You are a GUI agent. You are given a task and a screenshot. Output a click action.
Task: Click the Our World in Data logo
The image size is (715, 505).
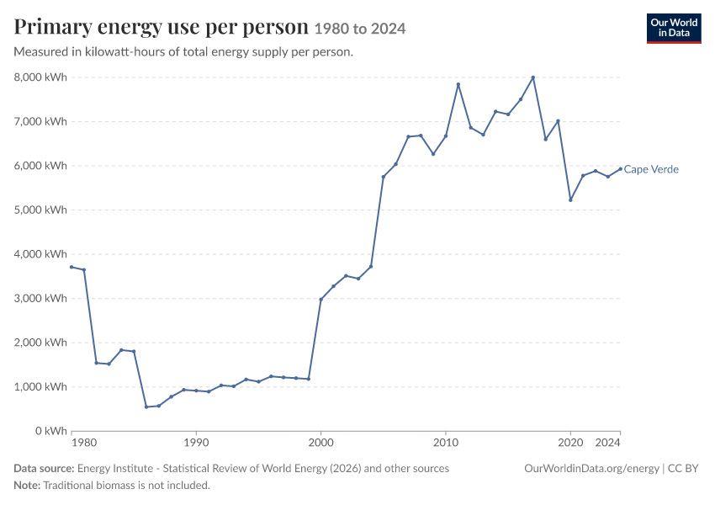[x=674, y=29]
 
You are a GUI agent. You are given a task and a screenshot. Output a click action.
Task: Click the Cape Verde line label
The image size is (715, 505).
[x=651, y=169]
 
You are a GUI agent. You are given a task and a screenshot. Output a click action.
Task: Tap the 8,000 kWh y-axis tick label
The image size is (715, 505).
[x=40, y=77]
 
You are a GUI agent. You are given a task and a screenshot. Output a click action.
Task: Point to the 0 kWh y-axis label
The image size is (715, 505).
[x=50, y=431]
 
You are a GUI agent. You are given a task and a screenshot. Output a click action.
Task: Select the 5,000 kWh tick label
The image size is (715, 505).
[x=40, y=210]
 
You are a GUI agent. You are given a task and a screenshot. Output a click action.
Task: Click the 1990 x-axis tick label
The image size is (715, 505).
[x=196, y=443]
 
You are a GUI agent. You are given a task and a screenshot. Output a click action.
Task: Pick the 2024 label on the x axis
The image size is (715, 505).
[x=608, y=443]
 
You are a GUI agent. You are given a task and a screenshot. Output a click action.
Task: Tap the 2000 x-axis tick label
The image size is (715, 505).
[x=321, y=443]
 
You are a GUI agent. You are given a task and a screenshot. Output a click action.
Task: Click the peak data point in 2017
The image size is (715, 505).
[x=533, y=77]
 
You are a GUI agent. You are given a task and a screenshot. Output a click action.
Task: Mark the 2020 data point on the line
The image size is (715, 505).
[x=570, y=199]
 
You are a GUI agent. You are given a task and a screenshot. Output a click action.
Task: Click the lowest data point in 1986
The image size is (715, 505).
[x=146, y=407]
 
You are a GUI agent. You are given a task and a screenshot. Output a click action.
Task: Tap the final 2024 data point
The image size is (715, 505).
[x=620, y=169]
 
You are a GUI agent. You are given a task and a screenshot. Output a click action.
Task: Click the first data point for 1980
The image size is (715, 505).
[x=71, y=267]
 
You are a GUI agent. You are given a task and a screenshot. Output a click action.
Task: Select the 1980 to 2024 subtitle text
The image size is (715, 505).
[x=360, y=29]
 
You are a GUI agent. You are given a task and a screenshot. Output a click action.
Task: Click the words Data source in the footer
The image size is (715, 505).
[x=44, y=469]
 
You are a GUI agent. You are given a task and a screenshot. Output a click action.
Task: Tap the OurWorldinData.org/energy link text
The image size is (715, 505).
[x=592, y=469]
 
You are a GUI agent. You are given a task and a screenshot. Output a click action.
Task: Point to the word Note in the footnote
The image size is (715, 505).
[x=27, y=486]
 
